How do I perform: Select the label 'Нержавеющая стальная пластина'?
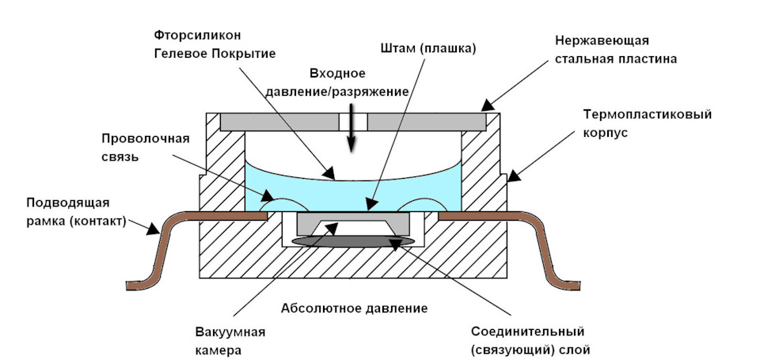tap(616, 49)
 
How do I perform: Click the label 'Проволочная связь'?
tap(145, 148)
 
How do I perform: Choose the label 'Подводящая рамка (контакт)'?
tap(77, 212)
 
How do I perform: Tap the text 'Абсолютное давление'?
tap(355, 308)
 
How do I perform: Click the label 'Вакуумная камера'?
tap(230, 341)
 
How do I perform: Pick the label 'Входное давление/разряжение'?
tap(358, 83)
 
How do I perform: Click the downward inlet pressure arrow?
tap(351, 133)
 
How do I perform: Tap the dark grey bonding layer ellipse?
tap(353, 241)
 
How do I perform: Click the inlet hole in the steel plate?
tap(353, 122)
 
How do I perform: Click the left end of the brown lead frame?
tap(127, 286)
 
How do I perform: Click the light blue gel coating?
tap(353, 194)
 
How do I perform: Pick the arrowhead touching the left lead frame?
tap(154, 229)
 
